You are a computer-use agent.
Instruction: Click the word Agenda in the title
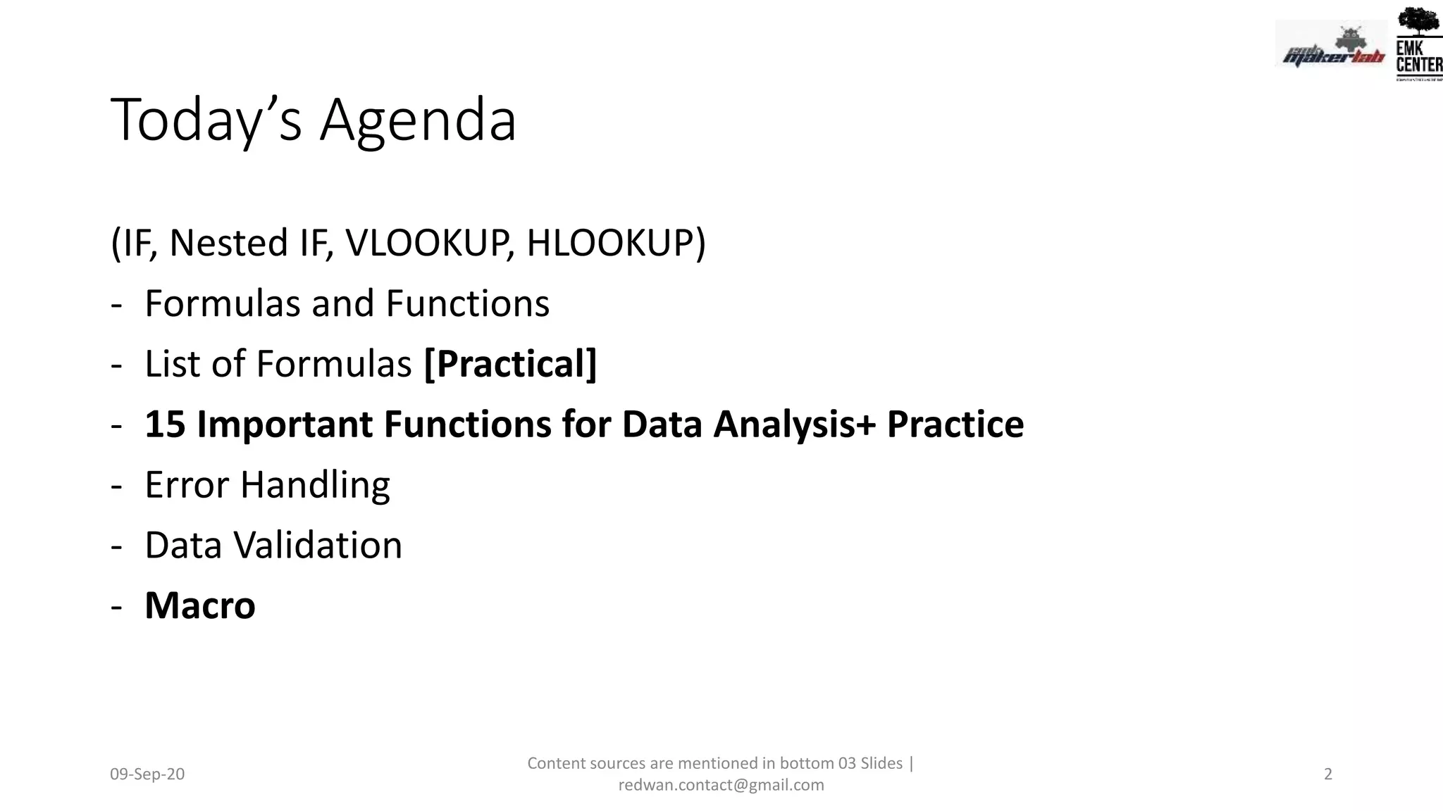[x=419, y=121]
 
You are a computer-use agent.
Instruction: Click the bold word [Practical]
[x=510, y=364]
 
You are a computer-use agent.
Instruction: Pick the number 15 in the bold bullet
[x=165, y=425]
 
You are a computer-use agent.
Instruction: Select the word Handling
[x=315, y=485]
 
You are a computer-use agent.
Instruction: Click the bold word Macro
[x=200, y=606]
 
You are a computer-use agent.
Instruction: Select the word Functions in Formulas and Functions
[x=467, y=303]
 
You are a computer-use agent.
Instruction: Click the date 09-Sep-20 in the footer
[x=147, y=774]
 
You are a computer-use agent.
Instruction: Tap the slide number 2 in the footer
[x=1328, y=774]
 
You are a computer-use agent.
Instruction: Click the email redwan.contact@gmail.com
[x=721, y=785]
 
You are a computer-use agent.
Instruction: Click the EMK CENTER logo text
[x=1418, y=56]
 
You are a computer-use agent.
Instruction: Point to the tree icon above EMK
[x=1418, y=21]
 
